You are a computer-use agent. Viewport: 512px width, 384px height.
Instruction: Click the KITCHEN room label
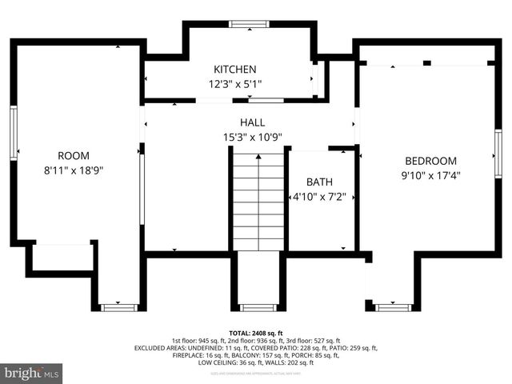(234, 70)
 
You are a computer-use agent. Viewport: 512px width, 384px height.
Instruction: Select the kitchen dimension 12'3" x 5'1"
(234, 83)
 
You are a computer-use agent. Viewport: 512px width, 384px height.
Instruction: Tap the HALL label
(252, 122)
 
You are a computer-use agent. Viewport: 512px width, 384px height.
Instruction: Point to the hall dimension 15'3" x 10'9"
(252, 137)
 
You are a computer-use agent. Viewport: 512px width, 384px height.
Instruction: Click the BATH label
(318, 182)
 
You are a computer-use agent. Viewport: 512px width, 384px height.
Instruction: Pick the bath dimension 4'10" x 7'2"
(318, 196)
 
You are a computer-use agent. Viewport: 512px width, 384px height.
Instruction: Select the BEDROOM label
(430, 160)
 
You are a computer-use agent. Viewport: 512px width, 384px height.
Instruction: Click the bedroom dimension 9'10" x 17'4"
(430, 174)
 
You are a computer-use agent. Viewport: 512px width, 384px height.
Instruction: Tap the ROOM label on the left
(74, 155)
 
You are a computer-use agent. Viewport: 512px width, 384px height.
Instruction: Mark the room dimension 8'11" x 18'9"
(74, 170)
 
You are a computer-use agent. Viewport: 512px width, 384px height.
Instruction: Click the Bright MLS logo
(32, 373)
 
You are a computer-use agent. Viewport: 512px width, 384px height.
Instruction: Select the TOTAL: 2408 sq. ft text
(256, 332)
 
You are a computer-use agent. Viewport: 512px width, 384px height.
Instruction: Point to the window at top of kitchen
(249, 24)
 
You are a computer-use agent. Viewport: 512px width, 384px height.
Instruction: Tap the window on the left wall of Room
(14, 132)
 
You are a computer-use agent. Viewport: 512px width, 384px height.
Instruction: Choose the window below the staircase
(258, 307)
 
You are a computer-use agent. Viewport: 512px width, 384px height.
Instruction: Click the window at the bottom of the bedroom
(393, 307)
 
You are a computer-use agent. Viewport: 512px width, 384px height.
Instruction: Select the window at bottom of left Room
(118, 306)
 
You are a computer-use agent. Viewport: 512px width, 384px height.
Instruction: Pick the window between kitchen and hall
(266, 101)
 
